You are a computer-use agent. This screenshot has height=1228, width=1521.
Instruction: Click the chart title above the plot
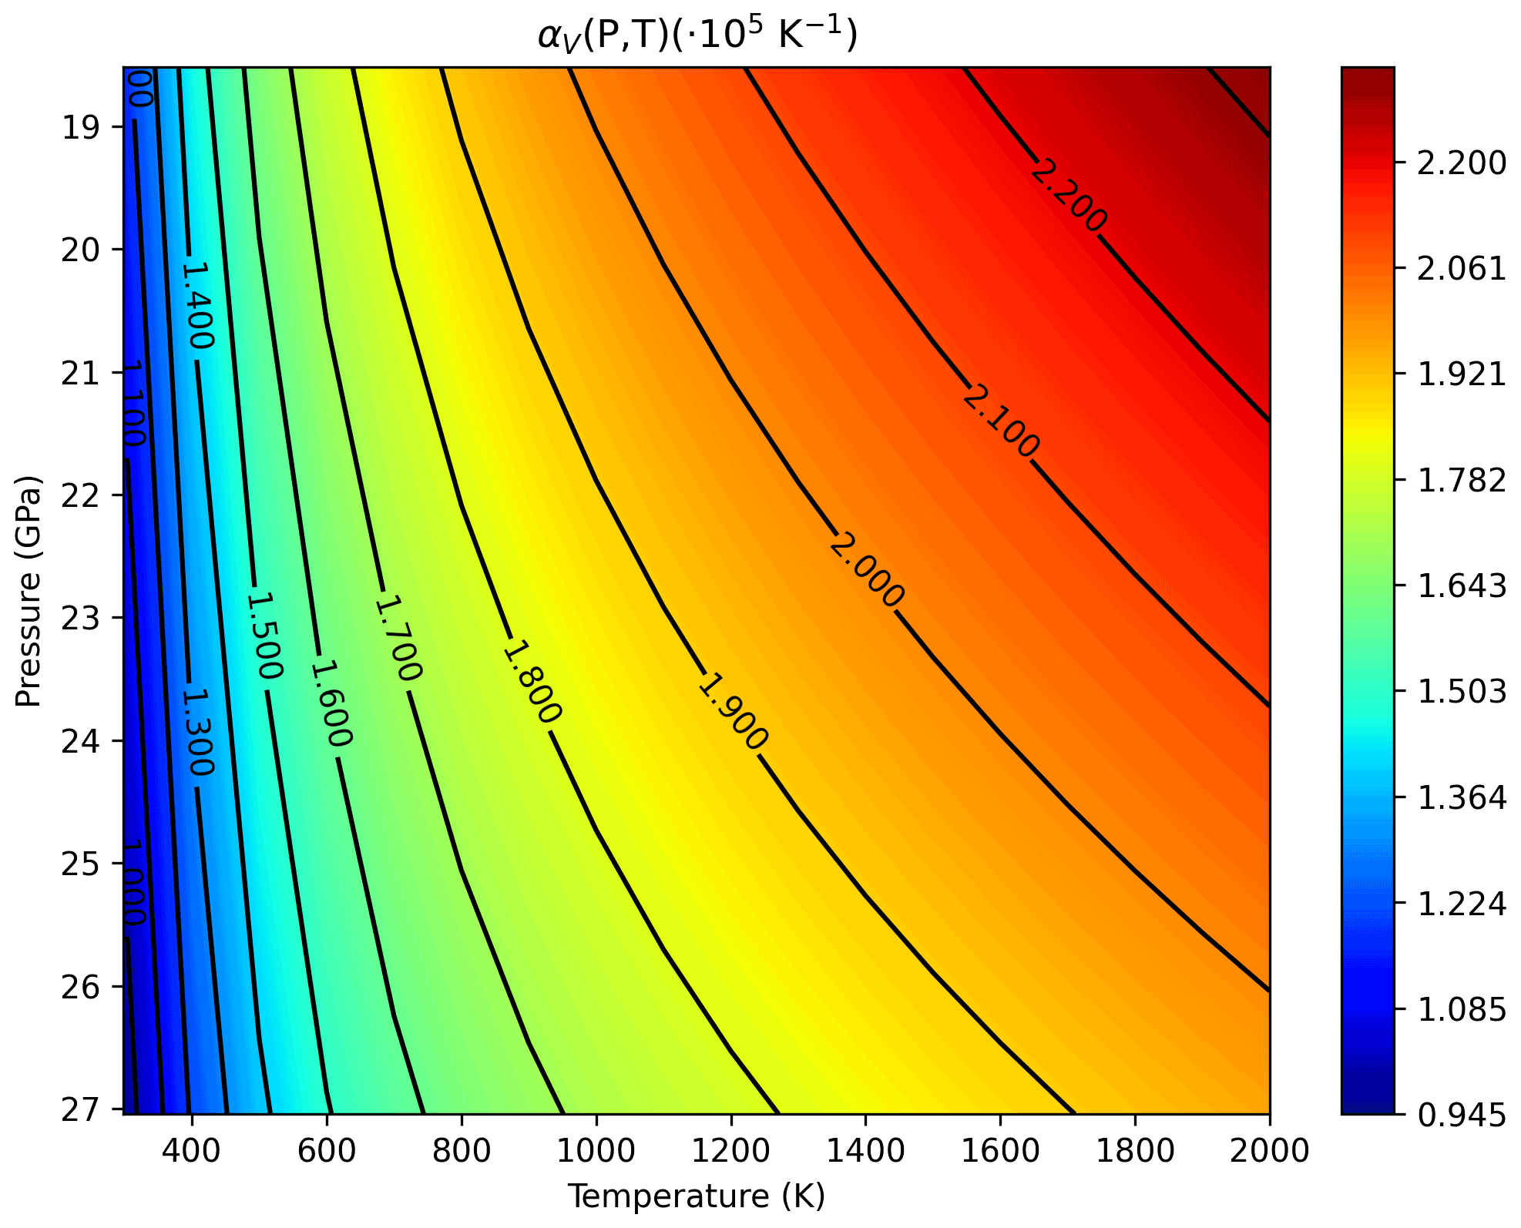point(697,35)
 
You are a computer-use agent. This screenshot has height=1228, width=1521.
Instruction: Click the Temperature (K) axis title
point(697,1196)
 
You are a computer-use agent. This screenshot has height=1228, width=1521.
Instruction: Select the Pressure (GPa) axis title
point(29,591)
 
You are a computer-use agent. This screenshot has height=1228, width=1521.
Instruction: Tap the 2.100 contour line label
point(1001,421)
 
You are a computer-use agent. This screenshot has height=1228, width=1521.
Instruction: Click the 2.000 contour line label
point(866,570)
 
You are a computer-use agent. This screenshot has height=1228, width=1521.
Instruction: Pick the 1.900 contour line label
point(732,711)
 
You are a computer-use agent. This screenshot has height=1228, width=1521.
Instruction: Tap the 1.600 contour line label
point(331,703)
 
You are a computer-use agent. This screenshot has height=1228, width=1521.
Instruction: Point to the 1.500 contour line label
point(264,636)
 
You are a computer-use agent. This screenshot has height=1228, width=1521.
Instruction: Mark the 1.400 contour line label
point(197,305)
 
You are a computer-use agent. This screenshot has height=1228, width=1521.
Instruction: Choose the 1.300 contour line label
point(197,732)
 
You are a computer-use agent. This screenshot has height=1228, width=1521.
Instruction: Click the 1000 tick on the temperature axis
point(596,1150)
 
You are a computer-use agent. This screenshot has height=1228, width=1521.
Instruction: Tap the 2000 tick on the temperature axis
point(1269,1150)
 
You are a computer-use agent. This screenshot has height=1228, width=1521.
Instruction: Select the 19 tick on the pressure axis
point(81,127)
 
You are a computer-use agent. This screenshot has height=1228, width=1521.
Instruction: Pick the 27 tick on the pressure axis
point(81,1109)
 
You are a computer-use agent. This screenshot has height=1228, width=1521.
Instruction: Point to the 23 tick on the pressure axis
point(81,618)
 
